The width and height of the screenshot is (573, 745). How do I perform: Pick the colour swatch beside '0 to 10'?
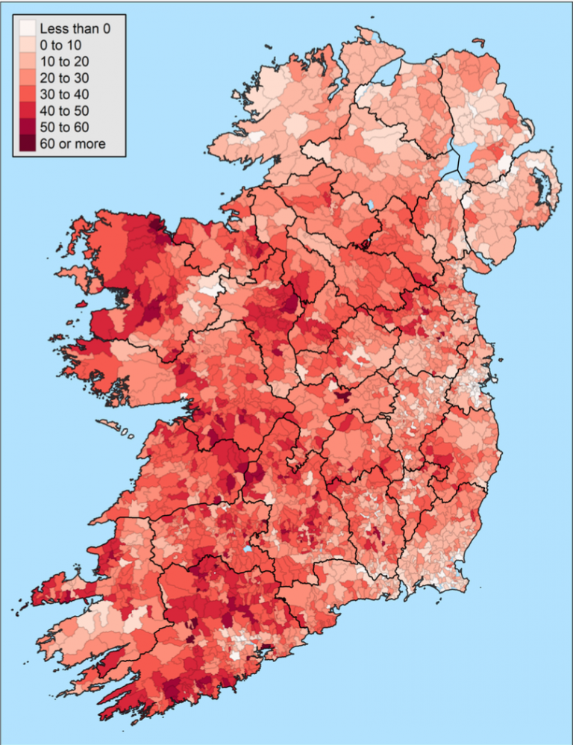click(27, 46)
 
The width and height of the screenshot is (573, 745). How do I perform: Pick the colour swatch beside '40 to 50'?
click(27, 111)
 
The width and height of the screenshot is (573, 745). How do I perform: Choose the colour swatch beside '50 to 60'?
click(27, 128)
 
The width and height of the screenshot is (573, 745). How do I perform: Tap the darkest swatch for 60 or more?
click(27, 143)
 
